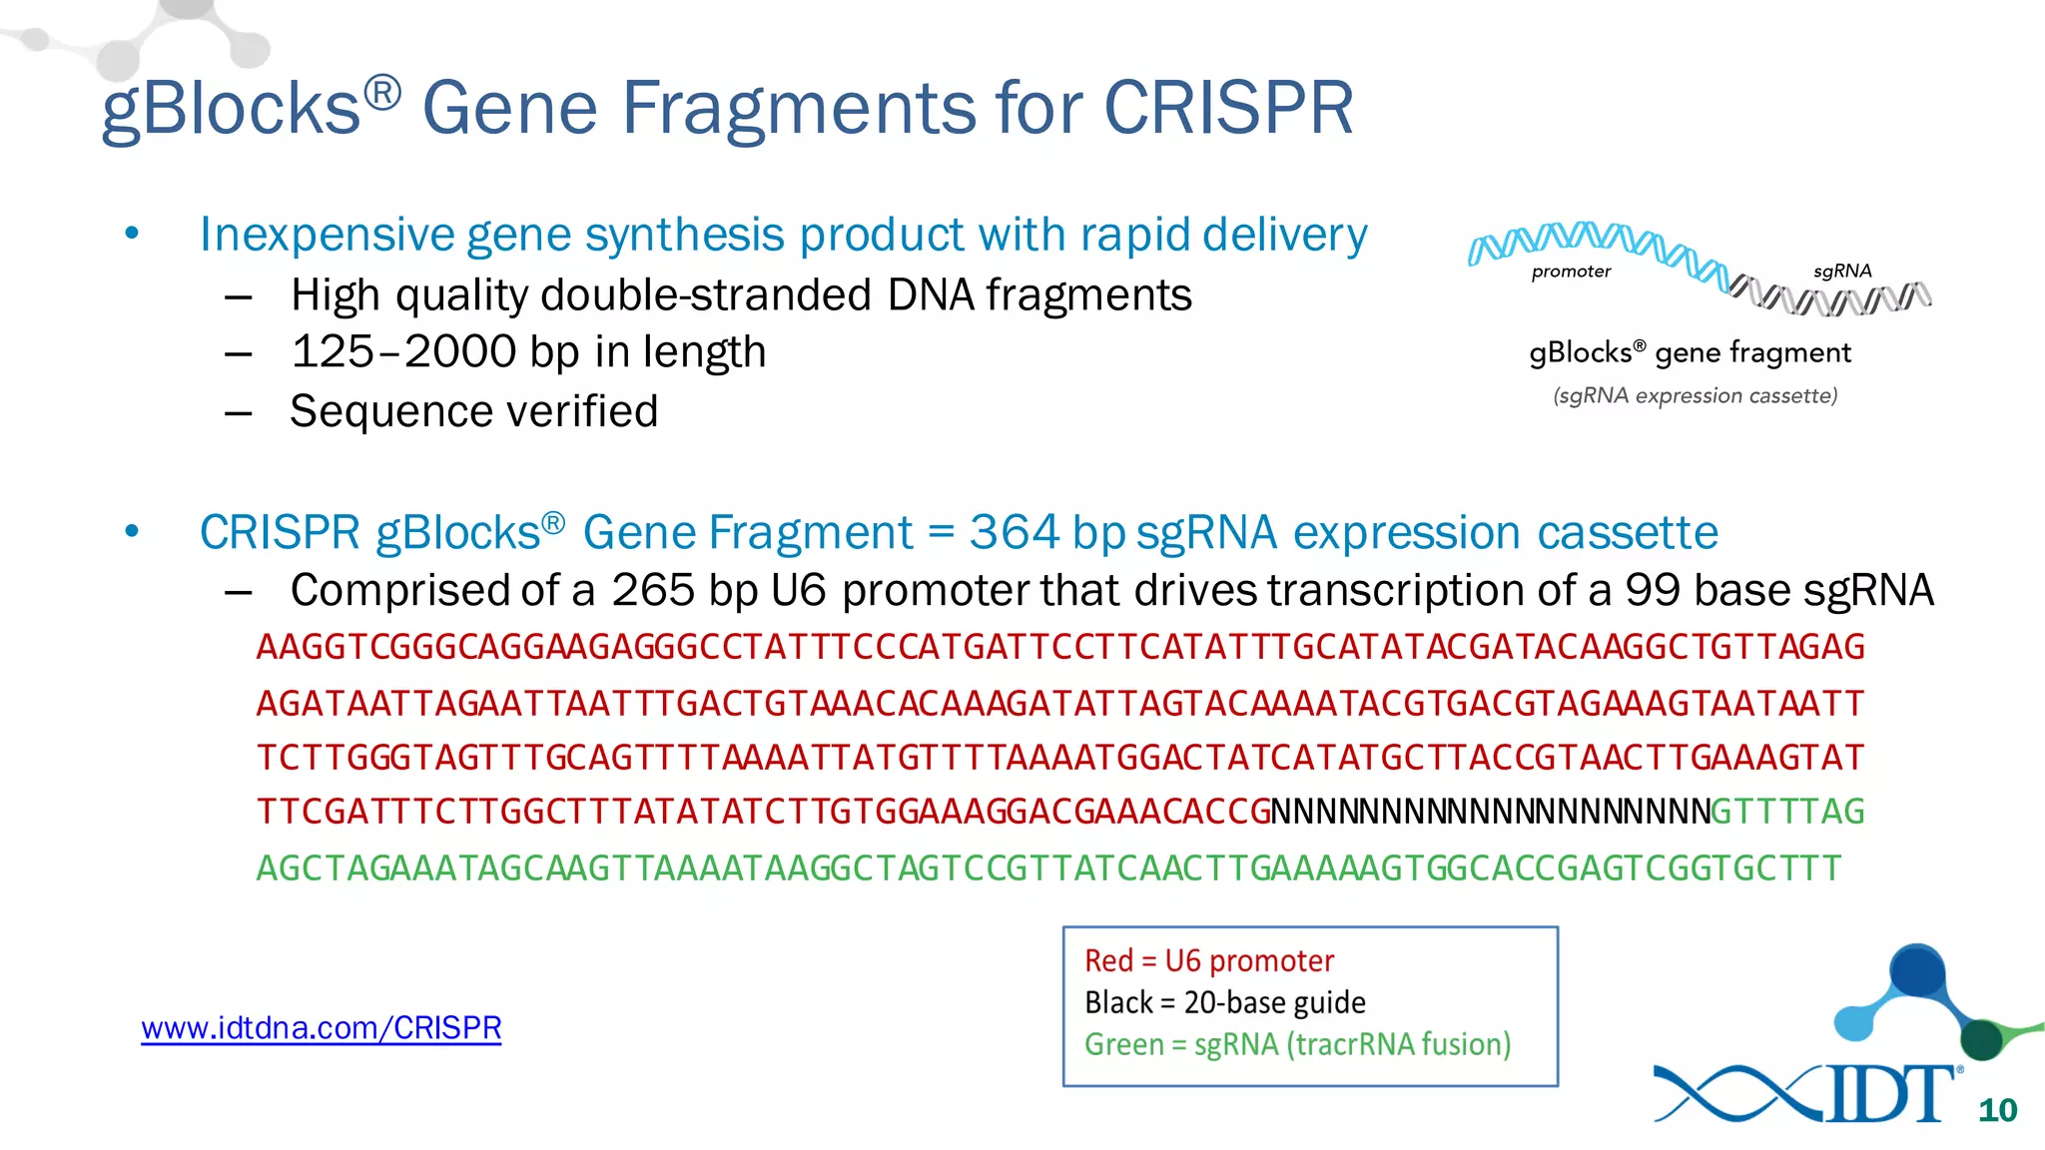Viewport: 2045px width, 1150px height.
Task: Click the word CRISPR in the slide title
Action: [1228, 108]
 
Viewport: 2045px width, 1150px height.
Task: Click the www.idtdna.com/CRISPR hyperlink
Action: [321, 1027]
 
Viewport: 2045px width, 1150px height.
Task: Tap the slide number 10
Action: [1997, 1110]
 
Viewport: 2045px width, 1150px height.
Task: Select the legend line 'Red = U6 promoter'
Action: [1208, 960]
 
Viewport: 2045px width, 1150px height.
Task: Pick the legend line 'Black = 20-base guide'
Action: [1224, 1002]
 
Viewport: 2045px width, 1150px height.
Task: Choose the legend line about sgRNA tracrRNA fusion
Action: [1297, 1044]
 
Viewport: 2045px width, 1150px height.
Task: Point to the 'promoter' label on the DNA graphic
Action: [1571, 272]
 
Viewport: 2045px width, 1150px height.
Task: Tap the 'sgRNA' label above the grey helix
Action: [1841, 271]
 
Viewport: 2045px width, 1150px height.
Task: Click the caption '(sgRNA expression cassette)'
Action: [1695, 395]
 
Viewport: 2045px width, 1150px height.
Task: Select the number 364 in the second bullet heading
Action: [1014, 532]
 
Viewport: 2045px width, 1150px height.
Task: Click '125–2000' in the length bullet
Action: [403, 352]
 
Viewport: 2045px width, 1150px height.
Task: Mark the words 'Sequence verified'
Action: [473, 411]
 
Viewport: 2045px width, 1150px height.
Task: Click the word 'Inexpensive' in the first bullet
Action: [326, 235]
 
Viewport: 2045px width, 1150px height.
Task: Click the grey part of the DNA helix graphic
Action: [1837, 297]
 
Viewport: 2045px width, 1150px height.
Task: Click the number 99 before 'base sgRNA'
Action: [1653, 590]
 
